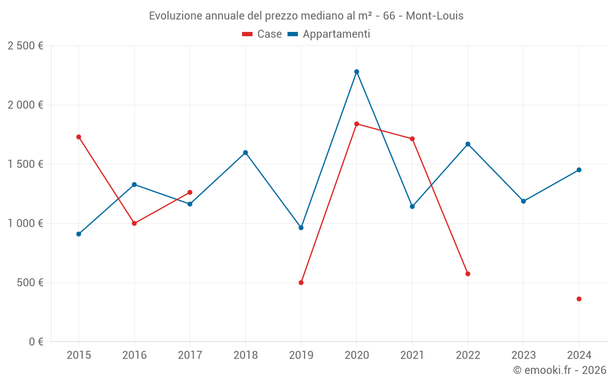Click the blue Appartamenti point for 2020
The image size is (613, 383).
click(x=357, y=72)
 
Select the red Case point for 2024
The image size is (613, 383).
click(x=579, y=299)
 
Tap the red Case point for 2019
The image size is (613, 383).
click(x=301, y=283)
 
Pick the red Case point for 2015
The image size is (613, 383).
click(x=78, y=137)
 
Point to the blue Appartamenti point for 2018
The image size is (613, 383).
click(x=245, y=153)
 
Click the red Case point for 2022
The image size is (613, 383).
click(x=468, y=274)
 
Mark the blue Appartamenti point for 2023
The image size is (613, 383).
click(x=523, y=201)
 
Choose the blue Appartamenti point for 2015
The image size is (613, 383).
click(x=78, y=234)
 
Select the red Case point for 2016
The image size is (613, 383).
click(x=134, y=223)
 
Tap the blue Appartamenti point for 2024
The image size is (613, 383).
click(x=579, y=170)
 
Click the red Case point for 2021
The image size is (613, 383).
click(x=412, y=139)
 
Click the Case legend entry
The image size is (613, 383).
click(x=262, y=34)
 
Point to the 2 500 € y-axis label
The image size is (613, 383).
click(x=25, y=46)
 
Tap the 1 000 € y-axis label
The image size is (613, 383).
click(x=25, y=224)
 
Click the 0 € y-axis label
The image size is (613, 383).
click(x=34, y=342)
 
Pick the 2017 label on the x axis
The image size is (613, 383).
click(x=189, y=355)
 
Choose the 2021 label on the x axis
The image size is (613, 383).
click(x=412, y=355)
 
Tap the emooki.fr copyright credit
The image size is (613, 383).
click(x=560, y=370)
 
